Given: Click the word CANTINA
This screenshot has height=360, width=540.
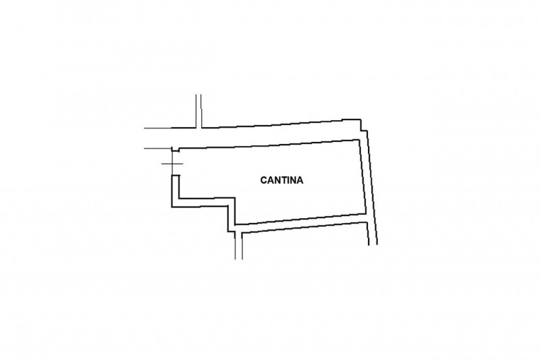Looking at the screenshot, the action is (281, 180).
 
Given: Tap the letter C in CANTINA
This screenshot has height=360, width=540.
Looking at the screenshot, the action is (264, 180).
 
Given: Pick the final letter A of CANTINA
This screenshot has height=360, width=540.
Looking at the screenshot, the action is (300, 180).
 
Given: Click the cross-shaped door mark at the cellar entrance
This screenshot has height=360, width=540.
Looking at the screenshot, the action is (172, 163).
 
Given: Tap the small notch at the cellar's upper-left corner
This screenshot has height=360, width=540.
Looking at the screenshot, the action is (175, 150).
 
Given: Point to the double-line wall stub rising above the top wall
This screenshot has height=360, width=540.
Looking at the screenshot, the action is (198, 111).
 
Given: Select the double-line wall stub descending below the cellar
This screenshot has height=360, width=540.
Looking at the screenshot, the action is (239, 245).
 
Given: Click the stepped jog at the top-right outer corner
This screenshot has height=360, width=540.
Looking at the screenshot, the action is (364, 126).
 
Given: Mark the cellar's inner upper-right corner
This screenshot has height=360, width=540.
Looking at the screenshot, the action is (359, 140).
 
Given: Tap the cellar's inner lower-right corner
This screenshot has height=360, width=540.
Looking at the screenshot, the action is (365, 213).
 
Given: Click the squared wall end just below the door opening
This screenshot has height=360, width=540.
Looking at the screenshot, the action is (175, 176).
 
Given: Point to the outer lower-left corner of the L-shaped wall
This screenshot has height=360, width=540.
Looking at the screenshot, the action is (172, 207).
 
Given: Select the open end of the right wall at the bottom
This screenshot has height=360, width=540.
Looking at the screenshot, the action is (373, 245).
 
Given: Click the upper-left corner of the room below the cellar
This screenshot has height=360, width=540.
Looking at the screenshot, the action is (242, 234).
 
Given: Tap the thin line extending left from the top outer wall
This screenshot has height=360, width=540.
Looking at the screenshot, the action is (158, 128).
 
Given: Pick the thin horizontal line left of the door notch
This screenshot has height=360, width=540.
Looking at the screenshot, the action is (158, 149).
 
